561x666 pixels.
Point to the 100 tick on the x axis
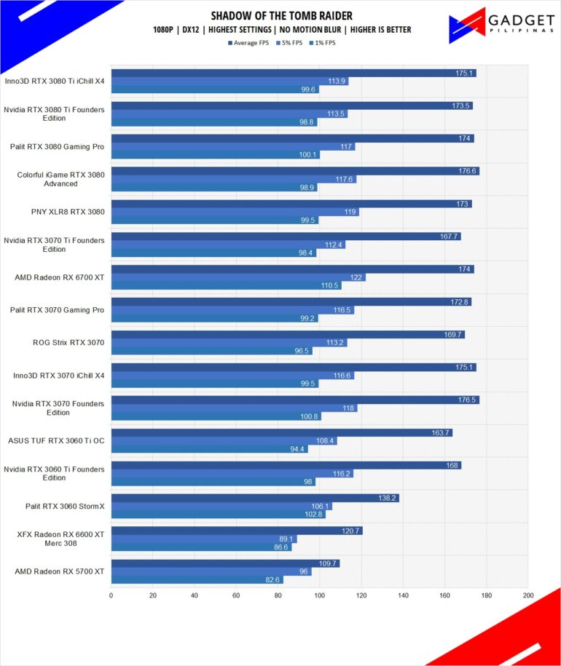(x=319, y=595)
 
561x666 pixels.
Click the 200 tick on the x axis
(x=527, y=595)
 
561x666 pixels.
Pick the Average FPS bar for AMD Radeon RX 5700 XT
(x=225, y=563)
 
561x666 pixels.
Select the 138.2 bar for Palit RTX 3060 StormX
(x=255, y=498)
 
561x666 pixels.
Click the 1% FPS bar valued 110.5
(x=226, y=285)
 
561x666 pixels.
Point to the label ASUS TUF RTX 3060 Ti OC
(x=56, y=440)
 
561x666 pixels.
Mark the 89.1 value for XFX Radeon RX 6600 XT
(x=287, y=539)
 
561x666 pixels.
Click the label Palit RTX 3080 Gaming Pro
(x=57, y=146)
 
